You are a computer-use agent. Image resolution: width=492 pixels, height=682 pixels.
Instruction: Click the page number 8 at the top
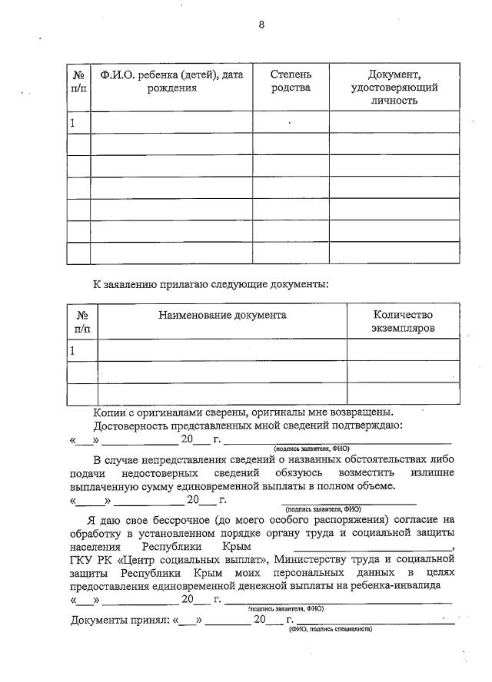tap(261, 25)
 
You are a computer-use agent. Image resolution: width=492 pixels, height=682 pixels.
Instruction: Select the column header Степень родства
tap(291, 81)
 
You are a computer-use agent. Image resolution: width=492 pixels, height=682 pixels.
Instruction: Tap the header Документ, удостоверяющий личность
tap(394, 88)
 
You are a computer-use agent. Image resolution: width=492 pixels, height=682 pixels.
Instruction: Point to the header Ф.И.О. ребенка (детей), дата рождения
tap(171, 81)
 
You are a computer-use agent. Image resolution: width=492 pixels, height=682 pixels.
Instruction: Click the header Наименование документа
tap(222, 315)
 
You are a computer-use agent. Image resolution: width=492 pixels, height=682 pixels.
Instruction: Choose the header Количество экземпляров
tap(403, 322)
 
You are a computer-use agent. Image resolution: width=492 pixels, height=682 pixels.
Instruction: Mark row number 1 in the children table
tap(74, 123)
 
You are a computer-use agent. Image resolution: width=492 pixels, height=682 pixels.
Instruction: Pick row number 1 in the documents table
tap(74, 350)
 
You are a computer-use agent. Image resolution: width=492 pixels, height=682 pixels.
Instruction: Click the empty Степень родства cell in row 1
tap(291, 123)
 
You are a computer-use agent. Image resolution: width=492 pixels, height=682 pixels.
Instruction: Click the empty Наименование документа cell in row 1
tap(222, 350)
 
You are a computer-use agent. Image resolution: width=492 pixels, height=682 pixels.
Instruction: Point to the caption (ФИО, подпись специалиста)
tap(331, 629)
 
